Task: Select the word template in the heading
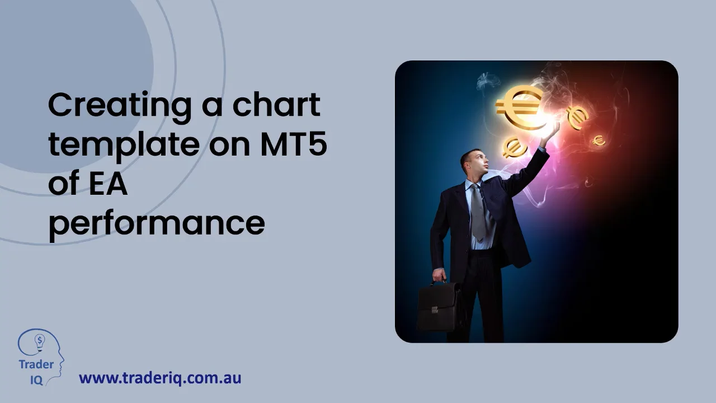[x=123, y=145]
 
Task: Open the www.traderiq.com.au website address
[x=160, y=378]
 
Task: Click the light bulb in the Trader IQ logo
[x=40, y=341]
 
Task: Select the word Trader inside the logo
[x=36, y=364]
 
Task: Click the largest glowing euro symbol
[x=519, y=106]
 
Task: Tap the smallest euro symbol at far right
[x=599, y=140]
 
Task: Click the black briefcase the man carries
[x=439, y=306]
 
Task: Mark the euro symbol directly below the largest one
[x=514, y=147]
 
